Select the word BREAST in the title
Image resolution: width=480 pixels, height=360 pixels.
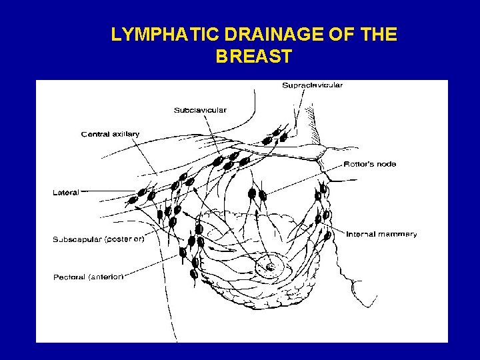(253, 57)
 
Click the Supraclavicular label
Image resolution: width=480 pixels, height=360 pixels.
(312, 85)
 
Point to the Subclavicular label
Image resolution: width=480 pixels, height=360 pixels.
(200, 109)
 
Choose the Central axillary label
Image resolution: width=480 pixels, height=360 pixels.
(110, 134)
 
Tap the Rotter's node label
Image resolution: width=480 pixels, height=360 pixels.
(370, 164)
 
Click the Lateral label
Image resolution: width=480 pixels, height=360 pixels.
(65, 193)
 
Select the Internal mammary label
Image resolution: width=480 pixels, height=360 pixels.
(381, 234)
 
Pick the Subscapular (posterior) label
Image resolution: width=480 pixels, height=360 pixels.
(98, 238)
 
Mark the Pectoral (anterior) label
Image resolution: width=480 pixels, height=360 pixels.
(88, 277)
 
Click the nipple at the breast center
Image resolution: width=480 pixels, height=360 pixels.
(271, 267)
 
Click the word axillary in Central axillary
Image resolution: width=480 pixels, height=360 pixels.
(125, 134)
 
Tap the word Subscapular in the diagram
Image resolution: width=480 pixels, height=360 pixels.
(77, 238)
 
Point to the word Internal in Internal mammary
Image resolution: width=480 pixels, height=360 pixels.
(361, 234)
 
